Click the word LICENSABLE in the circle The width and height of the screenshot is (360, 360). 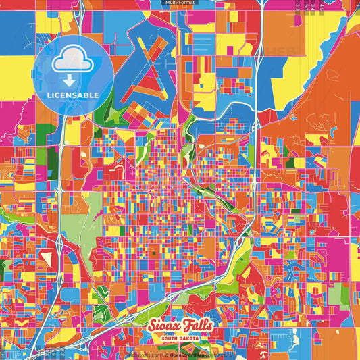point(72,95)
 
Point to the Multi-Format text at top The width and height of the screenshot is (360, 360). point(180,3)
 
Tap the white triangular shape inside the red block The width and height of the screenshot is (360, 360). point(47,257)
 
